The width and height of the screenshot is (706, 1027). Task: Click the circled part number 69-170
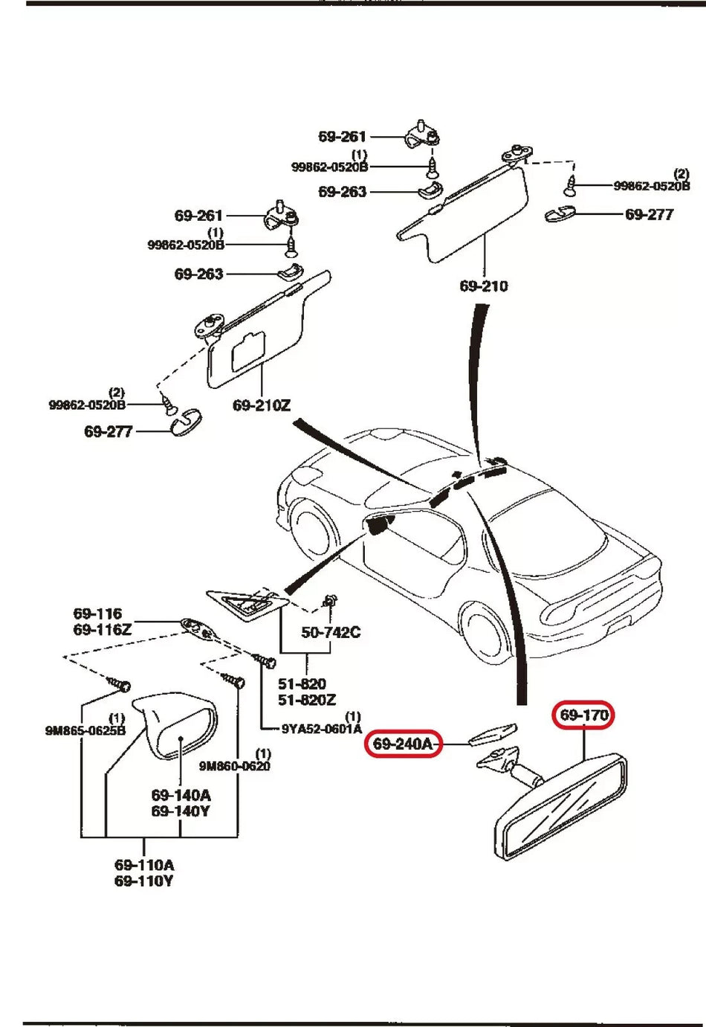point(584,715)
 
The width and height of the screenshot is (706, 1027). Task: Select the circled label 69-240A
point(403,744)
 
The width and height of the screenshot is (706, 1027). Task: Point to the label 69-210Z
point(262,406)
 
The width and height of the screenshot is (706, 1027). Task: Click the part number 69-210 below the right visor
point(484,286)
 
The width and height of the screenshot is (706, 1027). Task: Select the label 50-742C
point(331,633)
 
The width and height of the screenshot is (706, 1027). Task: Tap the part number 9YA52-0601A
point(321,729)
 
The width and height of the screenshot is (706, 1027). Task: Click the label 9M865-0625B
point(85,730)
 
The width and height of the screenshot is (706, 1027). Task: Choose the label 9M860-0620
point(235,766)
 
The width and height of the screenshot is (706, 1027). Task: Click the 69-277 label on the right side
point(649,215)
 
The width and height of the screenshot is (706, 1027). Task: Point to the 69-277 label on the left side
point(108,432)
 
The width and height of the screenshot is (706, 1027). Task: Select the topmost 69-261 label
point(342,137)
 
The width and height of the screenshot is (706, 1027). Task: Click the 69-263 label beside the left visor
point(198,274)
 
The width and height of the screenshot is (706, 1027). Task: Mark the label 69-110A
point(144,866)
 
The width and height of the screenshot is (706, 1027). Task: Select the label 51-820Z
point(306,700)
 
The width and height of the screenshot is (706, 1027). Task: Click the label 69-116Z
point(102,630)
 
